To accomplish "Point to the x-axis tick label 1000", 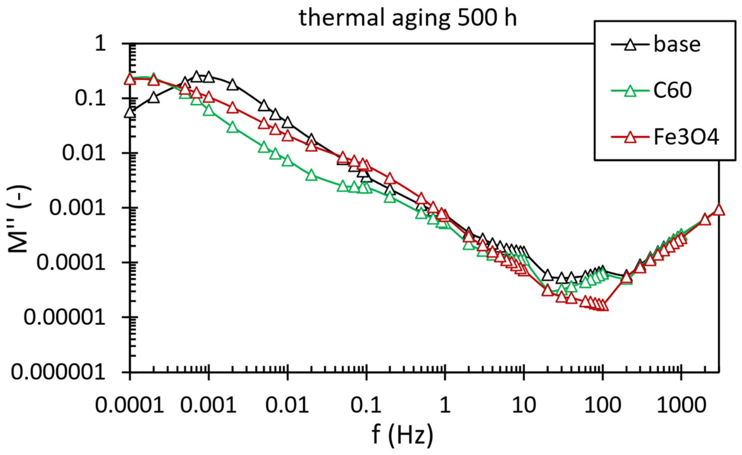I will [681, 405].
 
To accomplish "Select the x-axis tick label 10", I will [524, 405].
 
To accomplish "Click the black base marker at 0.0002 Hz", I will [153, 98].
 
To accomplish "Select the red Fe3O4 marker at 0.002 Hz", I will [232, 108].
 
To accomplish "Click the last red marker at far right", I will [719, 210].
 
